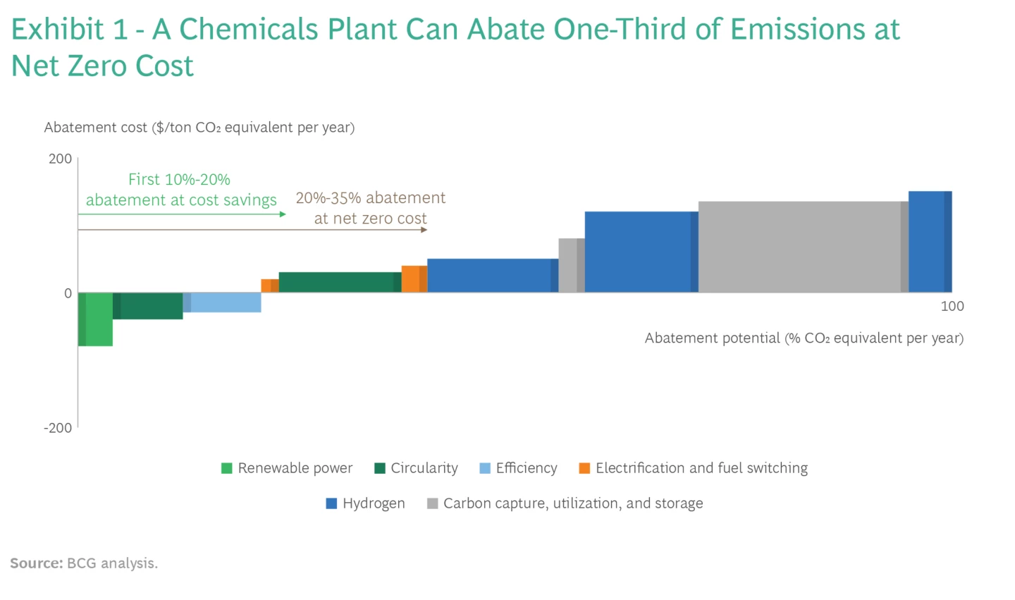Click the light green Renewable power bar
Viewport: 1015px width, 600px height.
coord(96,319)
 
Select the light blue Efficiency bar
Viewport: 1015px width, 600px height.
coord(223,302)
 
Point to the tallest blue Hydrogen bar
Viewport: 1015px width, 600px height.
coord(929,241)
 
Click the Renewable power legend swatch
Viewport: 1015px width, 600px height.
coord(227,468)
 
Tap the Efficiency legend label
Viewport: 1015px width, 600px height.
coord(526,468)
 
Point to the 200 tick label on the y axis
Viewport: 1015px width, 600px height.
coord(60,159)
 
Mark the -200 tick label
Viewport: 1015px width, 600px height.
coord(58,428)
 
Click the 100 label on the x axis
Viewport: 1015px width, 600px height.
coord(952,306)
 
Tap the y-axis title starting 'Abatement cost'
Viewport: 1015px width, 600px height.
coord(199,128)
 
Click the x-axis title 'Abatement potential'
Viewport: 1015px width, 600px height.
coord(804,338)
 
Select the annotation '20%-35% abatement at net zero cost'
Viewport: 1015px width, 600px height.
coord(371,208)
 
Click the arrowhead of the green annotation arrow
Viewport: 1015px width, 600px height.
coord(283,214)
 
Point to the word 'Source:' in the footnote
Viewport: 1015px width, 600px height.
coord(37,563)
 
